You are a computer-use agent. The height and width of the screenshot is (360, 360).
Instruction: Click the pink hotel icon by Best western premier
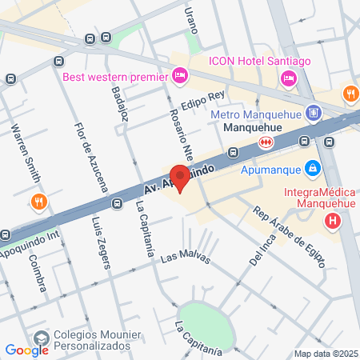tap(180, 77)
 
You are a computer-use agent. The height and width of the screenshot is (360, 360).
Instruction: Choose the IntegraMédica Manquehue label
tap(321, 198)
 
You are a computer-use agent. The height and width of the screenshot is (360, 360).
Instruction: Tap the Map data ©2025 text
tap(324, 353)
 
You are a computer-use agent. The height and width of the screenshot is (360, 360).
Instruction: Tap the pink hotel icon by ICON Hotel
tap(289, 78)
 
